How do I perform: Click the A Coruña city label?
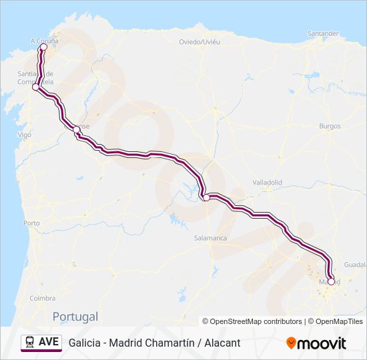(x=45, y=40)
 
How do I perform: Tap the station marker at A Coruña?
(x=43, y=47)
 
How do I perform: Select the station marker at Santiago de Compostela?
(x=35, y=87)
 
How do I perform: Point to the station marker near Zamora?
(x=207, y=197)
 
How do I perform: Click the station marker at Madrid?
(x=331, y=281)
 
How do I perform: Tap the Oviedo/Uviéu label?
(x=200, y=41)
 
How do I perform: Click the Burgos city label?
(x=330, y=126)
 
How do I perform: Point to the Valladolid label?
(x=268, y=182)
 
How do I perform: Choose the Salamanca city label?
(x=210, y=238)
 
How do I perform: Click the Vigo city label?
(x=25, y=135)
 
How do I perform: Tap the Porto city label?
(x=31, y=223)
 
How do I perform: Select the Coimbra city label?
(x=42, y=298)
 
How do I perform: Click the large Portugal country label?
(x=75, y=317)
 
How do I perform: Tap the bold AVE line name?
(x=49, y=342)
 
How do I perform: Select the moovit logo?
(x=316, y=343)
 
